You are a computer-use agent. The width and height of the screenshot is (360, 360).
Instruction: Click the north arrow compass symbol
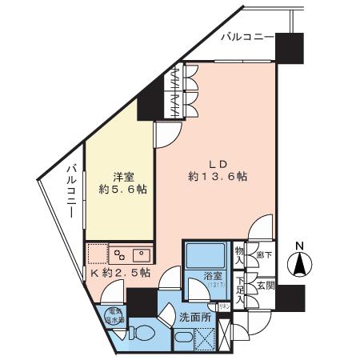[300, 262]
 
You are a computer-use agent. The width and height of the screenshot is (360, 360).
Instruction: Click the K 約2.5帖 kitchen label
[119, 272]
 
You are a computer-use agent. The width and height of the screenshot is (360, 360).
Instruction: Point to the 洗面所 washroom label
[194, 317]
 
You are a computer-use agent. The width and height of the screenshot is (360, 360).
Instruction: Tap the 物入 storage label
[239, 255]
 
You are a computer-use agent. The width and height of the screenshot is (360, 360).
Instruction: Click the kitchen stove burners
[121, 255]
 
